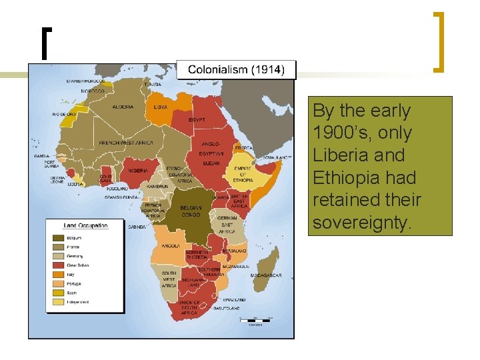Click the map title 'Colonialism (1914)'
coord(236,69)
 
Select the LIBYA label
coord(160,107)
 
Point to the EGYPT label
coord(197,120)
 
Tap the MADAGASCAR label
coord(266,275)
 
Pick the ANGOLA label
coord(170,245)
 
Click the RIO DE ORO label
coord(65,114)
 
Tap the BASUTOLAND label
coord(228,308)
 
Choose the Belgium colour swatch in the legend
coord(58,237)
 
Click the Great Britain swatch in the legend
coord(58,265)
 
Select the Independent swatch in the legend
coord(58,301)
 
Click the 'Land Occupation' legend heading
coord(85,225)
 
